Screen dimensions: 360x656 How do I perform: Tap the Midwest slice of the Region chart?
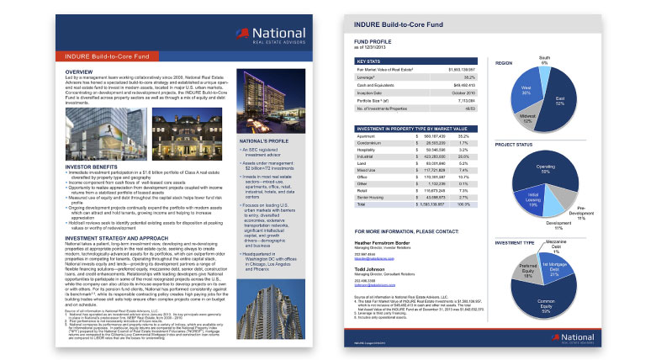click(531, 117)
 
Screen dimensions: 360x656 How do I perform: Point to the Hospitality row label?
click(368, 149)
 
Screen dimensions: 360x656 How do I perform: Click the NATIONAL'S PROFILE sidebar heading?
click(264, 140)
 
